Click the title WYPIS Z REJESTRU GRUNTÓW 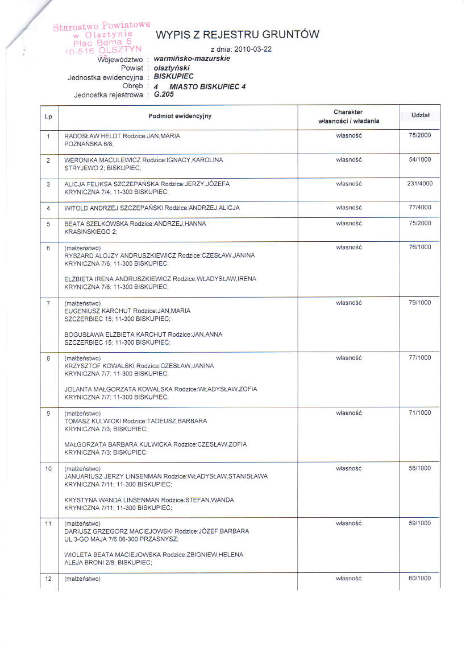pyautogui.click(x=237, y=35)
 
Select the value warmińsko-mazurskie pyautogui.click(x=192, y=59)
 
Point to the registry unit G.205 pyautogui.click(x=164, y=95)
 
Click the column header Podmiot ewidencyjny pyautogui.click(x=180, y=116)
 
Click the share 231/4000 pyautogui.click(x=419, y=184)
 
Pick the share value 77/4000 pyautogui.click(x=419, y=208)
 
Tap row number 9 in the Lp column pyautogui.click(x=49, y=413)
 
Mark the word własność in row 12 pyautogui.click(x=349, y=579)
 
